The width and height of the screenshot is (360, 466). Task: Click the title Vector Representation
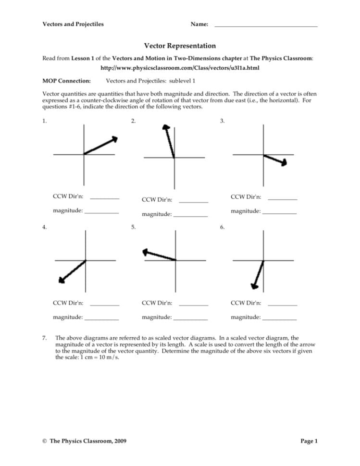180,46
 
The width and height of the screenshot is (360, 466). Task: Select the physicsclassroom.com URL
180,68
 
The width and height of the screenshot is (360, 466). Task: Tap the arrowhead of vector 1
114,139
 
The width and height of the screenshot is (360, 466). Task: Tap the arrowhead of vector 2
166,128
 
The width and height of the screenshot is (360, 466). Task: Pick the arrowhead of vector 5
146,252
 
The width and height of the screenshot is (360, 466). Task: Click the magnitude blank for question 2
190,216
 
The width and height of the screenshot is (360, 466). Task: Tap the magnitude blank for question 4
101,319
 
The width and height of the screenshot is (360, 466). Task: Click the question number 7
45,338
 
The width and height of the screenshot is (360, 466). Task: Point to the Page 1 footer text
309,441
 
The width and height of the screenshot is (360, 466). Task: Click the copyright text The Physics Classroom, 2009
85,441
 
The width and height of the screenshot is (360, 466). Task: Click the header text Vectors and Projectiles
73,24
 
